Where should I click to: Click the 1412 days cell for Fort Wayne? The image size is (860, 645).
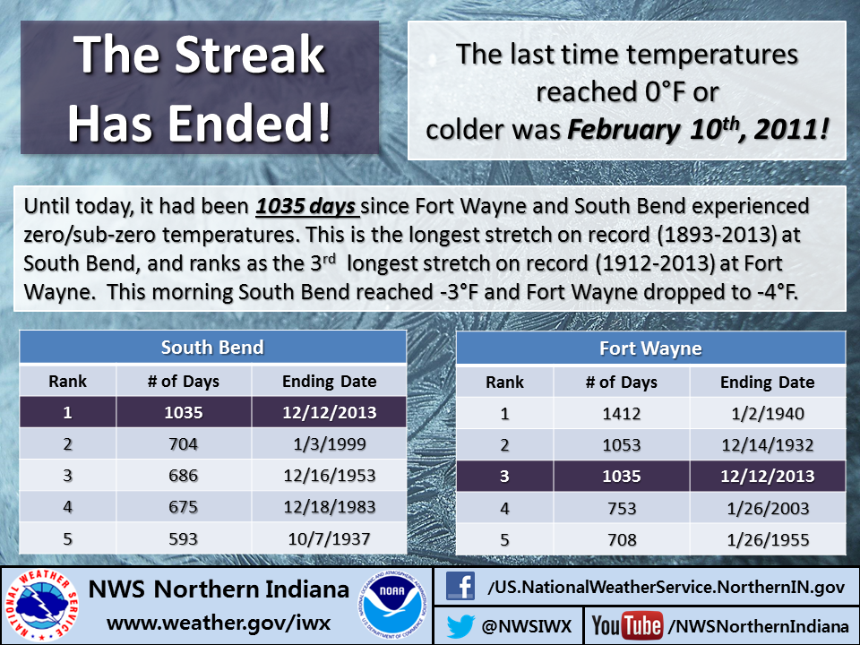coord(622,414)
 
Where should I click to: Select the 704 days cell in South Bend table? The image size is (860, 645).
coord(183,443)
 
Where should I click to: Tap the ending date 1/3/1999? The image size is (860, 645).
coord(329,443)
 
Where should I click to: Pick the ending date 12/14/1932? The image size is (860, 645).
coord(768,445)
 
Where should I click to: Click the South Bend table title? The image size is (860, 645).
coord(212,348)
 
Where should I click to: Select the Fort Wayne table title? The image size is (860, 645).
coord(650,348)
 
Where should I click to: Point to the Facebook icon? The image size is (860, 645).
coord(460,586)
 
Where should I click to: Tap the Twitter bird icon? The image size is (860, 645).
coord(460,626)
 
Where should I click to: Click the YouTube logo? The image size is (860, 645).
coord(627,626)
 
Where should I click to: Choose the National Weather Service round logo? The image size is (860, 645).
coord(42,606)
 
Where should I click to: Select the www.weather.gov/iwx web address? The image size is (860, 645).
coord(219,623)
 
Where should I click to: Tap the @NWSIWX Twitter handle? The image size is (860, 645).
coord(527,626)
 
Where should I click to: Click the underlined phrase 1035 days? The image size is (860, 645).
coord(306,206)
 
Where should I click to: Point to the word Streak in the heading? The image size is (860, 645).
coord(250,54)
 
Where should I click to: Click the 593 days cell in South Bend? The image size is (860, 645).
coord(183,538)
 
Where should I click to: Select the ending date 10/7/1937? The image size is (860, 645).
coord(329,538)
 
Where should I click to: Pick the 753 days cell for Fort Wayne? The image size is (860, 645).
coord(622,509)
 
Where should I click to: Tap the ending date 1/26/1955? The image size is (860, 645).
coord(768,540)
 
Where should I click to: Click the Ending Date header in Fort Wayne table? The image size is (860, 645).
coord(768,383)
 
